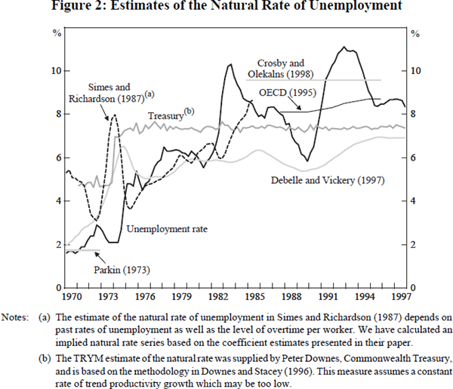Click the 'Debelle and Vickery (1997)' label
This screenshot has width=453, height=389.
click(x=329, y=181)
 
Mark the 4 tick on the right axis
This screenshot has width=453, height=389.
click(x=413, y=201)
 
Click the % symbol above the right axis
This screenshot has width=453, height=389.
click(x=413, y=33)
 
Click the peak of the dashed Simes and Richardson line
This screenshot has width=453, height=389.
click(x=113, y=115)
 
